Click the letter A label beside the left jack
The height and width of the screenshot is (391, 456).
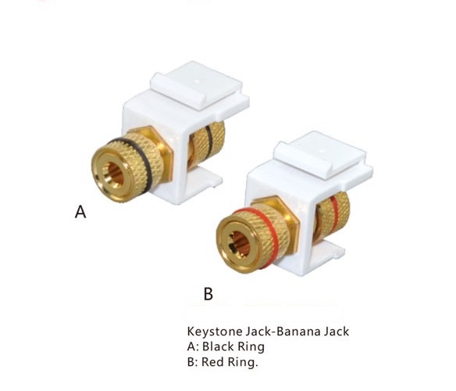(x=80, y=211)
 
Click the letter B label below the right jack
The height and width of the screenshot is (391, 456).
(x=208, y=294)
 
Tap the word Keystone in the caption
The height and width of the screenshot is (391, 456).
(x=215, y=332)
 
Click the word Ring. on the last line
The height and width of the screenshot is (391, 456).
(x=243, y=362)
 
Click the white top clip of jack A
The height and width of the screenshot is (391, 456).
(x=198, y=84)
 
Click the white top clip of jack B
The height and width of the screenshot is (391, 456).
(x=322, y=154)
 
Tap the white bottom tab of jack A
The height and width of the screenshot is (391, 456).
(x=206, y=180)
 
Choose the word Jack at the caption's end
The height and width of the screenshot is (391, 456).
(x=337, y=332)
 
